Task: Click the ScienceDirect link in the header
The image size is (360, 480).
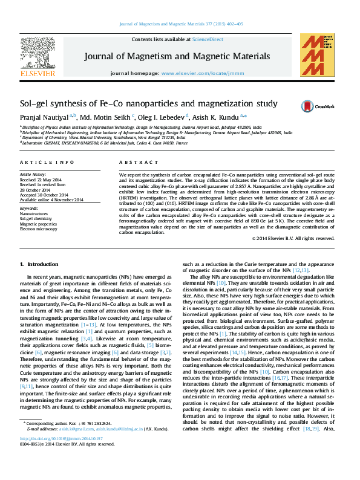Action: click(208, 39)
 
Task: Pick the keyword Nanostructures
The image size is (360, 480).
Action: click(34, 214)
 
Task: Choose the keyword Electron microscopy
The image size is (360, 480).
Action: click(39, 229)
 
